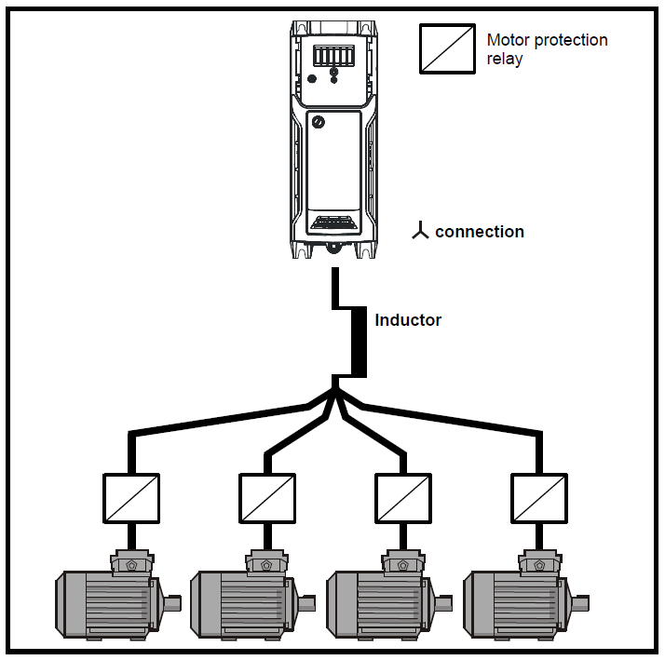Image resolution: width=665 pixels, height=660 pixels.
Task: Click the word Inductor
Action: click(408, 320)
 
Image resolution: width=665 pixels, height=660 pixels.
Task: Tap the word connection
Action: click(479, 232)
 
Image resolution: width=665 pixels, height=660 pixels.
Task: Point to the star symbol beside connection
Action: click(421, 232)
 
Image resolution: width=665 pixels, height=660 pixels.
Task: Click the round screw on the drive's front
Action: click(319, 122)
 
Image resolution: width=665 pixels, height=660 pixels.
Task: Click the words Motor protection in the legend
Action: click(547, 40)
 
